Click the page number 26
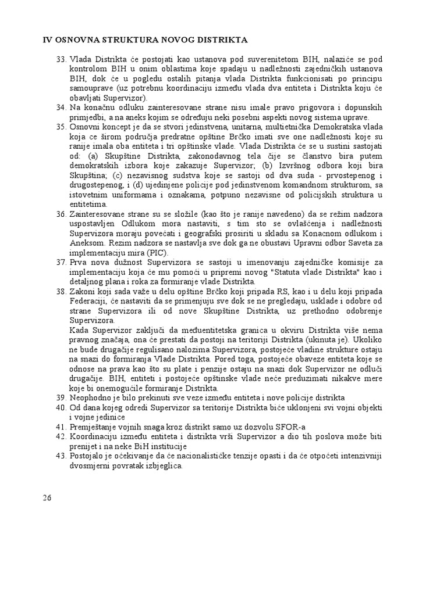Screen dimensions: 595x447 point(48,498)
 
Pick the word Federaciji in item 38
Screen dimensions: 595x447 point(88,301)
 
